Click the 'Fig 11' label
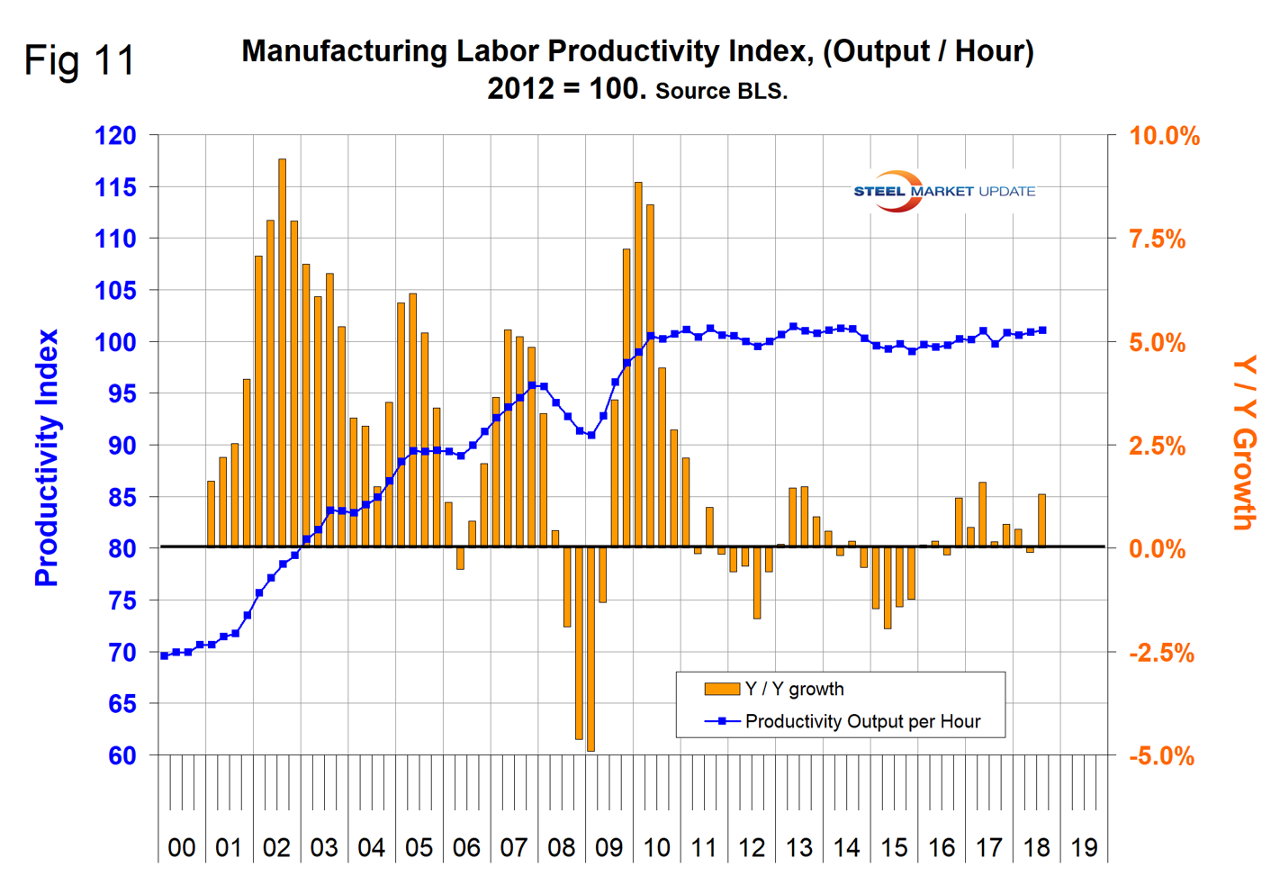pyautogui.click(x=79, y=61)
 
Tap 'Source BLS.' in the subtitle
pyautogui.click(x=721, y=91)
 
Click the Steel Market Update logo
pyautogui.click(x=943, y=191)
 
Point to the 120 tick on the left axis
pyautogui.click(x=115, y=136)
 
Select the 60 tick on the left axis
pyautogui.click(x=122, y=756)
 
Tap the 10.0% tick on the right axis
pyautogui.click(x=1165, y=137)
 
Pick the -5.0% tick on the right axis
pyautogui.click(x=1161, y=756)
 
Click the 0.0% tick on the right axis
pyautogui.click(x=1159, y=549)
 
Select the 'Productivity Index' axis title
pyautogui.click(x=47, y=457)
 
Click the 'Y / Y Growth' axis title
pyautogui.click(x=1244, y=443)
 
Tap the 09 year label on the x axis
pyautogui.click(x=608, y=847)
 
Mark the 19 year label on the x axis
pyautogui.click(x=1084, y=847)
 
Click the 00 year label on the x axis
pyautogui.click(x=182, y=847)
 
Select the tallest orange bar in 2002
pyautogui.click(x=282, y=352)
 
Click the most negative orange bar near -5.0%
pyautogui.click(x=590, y=648)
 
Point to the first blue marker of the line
pyautogui.click(x=164, y=655)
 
